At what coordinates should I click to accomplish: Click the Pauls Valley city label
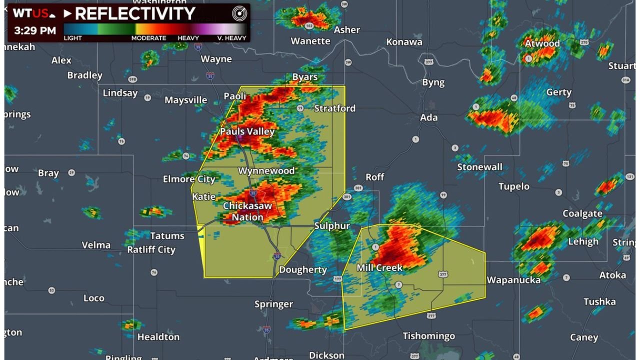247,131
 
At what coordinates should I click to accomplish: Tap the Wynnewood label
266,170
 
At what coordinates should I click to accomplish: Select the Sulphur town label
332,225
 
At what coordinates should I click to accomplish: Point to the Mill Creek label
379,267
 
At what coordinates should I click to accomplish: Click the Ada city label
428,117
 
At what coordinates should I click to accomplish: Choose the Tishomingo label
428,335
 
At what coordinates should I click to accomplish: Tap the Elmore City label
189,179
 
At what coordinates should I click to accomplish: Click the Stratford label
334,108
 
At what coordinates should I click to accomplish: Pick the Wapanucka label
513,279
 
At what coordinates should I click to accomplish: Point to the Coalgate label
582,213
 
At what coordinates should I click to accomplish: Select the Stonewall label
479,166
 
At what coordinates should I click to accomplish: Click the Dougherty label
302,269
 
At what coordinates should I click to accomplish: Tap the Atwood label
542,43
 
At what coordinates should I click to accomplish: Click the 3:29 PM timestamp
35,30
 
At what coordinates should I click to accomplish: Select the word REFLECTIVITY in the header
134,14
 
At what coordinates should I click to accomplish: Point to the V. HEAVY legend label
231,38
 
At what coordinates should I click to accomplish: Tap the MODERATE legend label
148,38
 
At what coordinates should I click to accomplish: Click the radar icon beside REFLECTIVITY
239,14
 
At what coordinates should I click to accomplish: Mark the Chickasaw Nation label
247,211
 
